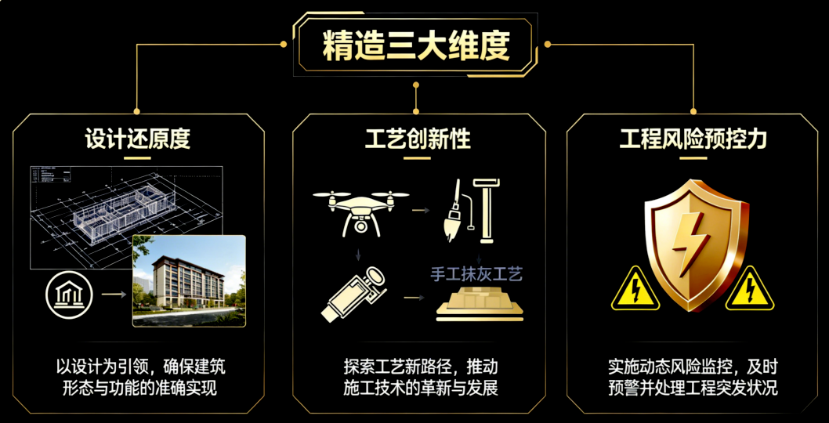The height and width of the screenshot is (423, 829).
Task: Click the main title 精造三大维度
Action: click(x=416, y=46)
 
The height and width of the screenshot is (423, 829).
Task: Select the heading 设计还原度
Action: click(x=138, y=139)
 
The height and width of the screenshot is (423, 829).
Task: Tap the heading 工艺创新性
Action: click(x=418, y=139)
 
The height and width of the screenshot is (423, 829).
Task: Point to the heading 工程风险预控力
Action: click(x=693, y=139)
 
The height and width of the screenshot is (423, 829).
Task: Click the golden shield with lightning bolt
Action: click(x=690, y=243)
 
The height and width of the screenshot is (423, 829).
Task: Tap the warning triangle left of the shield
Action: click(x=635, y=290)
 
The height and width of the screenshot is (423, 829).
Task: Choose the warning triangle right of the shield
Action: click(x=750, y=290)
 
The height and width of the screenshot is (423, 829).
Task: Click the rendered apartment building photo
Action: click(x=188, y=280)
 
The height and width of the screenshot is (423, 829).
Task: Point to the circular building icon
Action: click(x=69, y=295)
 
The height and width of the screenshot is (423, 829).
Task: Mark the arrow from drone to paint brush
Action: click(x=421, y=209)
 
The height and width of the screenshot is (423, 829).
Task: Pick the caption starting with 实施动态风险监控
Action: click(x=693, y=377)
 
